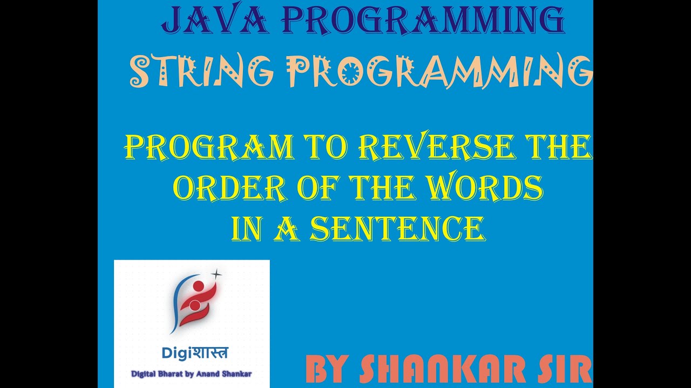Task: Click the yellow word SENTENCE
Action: click(396, 228)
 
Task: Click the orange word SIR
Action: click(566, 371)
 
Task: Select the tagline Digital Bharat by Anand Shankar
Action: click(192, 373)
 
